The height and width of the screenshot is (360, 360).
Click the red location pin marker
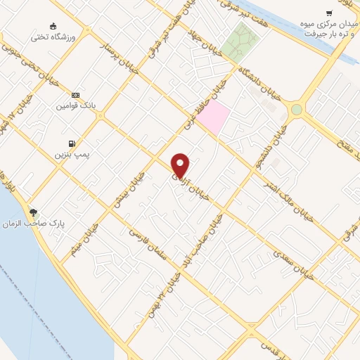(x=181, y=165)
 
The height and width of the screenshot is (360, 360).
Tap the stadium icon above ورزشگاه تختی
(x=54, y=25)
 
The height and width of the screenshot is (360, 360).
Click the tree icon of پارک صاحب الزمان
(x=34, y=212)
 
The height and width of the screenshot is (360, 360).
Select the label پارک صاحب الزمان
(x=60, y=222)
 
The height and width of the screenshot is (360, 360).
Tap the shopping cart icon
(x=329, y=13)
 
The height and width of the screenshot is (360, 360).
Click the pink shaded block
(x=213, y=117)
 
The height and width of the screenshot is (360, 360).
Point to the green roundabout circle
(x=297, y=109)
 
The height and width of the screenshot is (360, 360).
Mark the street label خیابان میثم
(x=86, y=238)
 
